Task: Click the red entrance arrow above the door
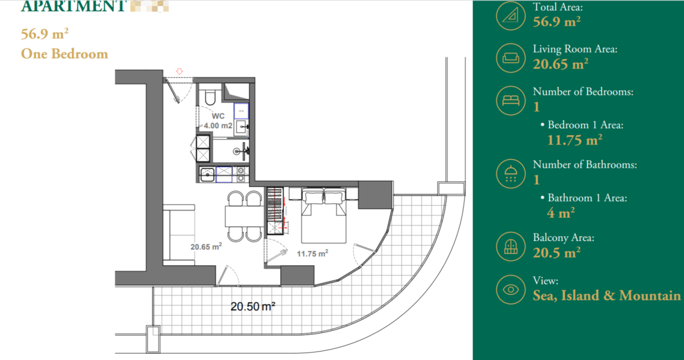point(180,71)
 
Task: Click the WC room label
point(218,116)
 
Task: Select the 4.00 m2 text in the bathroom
point(219,126)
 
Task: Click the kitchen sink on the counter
point(207,173)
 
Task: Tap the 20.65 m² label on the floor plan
point(206,247)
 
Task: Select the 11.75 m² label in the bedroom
point(312,254)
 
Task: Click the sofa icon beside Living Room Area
point(511,58)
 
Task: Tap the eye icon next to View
point(511,289)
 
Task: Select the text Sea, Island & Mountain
point(607,295)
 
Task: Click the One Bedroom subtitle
point(64,54)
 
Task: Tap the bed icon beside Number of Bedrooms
point(511,100)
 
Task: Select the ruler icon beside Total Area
point(511,15)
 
